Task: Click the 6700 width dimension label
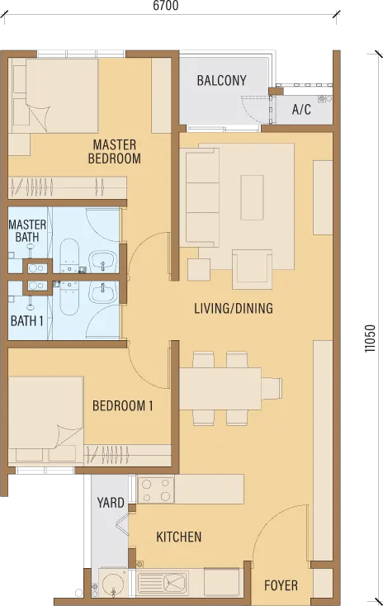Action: [165, 6]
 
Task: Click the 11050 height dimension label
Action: [370, 339]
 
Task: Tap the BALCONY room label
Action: [221, 80]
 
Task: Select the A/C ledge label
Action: [301, 110]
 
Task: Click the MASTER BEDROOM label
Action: [115, 152]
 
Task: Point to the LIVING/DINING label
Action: [234, 309]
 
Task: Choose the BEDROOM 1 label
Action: [122, 406]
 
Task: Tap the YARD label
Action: [111, 503]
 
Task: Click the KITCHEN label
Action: [178, 537]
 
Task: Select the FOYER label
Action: [281, 585]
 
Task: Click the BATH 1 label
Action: [26, 321]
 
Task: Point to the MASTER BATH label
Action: [27, 230]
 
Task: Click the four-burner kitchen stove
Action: [156, 489]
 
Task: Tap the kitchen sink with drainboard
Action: [163, 583]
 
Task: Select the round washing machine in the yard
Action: [113, 583]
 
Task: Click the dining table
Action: [220, 388]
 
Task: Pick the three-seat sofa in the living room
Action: [202, 198]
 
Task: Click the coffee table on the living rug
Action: [253, 197]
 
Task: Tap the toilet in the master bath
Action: [69, 255]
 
